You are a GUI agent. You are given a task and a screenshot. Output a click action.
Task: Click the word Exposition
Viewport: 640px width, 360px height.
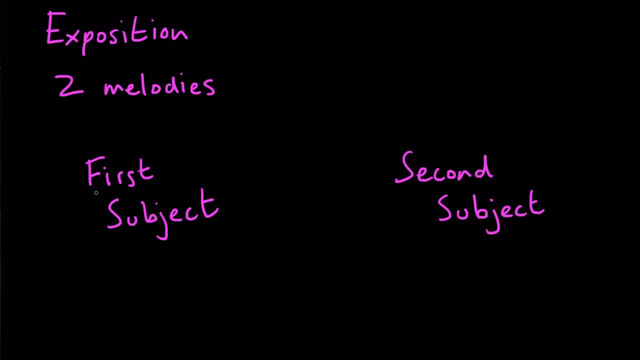tap(117, 32)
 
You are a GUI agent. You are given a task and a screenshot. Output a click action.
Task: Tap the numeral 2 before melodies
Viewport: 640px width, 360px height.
tap(70, 85)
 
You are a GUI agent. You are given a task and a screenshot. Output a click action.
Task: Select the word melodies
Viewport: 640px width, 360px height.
tap(159, 85)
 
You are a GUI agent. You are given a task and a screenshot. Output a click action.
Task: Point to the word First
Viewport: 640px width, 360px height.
tap(119, 171)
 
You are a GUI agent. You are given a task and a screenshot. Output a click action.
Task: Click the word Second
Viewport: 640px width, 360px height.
tap(444, 167)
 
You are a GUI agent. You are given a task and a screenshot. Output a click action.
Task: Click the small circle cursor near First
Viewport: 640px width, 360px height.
tap(96, 193)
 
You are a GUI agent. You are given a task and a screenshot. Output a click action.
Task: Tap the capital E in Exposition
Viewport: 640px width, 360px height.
tap(55, 27)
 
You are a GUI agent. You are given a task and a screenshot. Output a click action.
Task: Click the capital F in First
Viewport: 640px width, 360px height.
tap(95, 170)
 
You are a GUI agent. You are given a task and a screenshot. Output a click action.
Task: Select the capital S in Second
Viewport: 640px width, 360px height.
tap(404, 167)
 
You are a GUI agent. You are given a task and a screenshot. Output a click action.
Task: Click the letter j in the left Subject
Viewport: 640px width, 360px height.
tap(163, 223)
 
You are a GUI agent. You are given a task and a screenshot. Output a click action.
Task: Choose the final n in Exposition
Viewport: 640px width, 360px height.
tap(181, 35)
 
